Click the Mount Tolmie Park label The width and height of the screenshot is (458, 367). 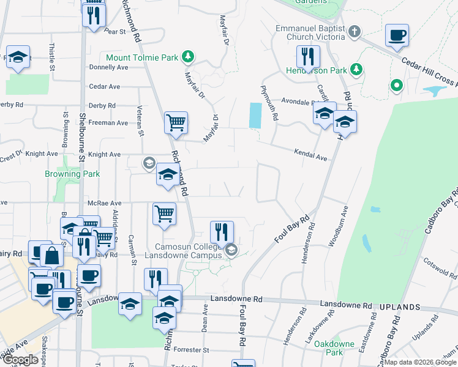tap(142, 57)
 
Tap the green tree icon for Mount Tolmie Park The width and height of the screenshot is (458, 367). tap(188, 57)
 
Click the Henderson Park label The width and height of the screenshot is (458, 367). tap(316, 70)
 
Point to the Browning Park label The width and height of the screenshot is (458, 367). tap(72, 174)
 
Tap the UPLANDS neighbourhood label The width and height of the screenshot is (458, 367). tap(400, 306)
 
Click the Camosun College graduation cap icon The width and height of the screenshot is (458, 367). tap(231, 250)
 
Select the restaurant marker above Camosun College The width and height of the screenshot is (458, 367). tap(222, 232)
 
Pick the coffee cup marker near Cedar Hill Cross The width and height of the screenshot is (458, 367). tap(397, 35)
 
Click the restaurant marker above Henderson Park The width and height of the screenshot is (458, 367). tap(308, 56)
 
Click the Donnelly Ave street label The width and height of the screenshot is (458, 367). tap(108, 67)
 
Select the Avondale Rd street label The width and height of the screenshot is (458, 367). tap(297, 102)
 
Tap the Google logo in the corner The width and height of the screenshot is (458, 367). tap(20, 360)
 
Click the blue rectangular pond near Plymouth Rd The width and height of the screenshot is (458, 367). tap(255, 115)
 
